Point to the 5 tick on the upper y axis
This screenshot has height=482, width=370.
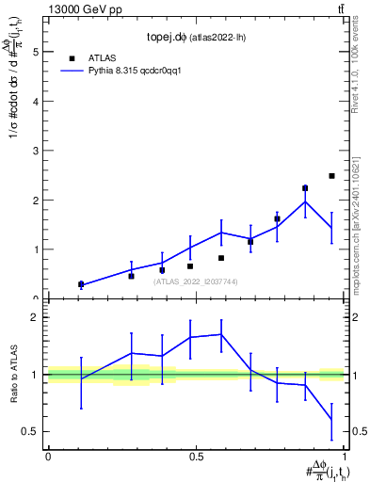click(x=38, y=53)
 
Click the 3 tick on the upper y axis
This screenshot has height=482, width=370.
click(x=38, y=151)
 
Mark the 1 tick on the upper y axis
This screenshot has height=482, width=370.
click(x=38, y=249)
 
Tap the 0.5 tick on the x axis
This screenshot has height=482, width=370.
click(x=196, y=456)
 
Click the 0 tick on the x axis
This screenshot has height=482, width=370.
click(x=48, y=456)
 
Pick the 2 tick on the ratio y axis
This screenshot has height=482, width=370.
click(x=38, y=317)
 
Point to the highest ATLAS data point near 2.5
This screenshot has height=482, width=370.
click(x=331, y=176)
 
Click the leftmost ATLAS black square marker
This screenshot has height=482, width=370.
click(x=81, y=284)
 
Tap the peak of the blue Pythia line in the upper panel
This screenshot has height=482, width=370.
click(x=305, y=201)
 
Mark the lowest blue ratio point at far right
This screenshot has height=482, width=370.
click(x=331, y=419)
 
